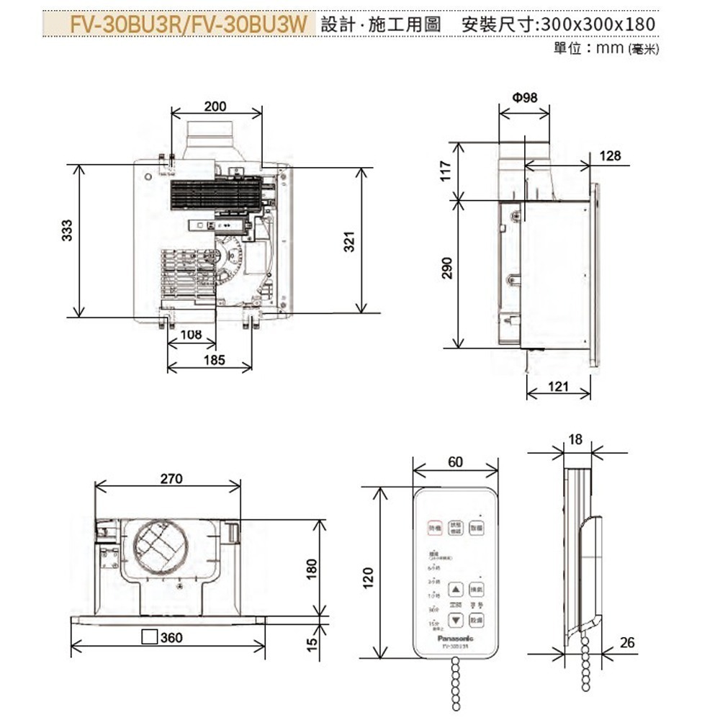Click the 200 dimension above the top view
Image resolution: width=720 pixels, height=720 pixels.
click(215, 106)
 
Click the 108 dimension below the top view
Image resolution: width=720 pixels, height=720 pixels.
click(190, 335)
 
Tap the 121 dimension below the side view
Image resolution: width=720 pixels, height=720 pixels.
click(559, 387)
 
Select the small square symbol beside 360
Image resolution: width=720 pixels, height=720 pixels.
click(150, 636)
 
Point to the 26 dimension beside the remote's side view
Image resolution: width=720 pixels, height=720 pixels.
click(627, 642)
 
